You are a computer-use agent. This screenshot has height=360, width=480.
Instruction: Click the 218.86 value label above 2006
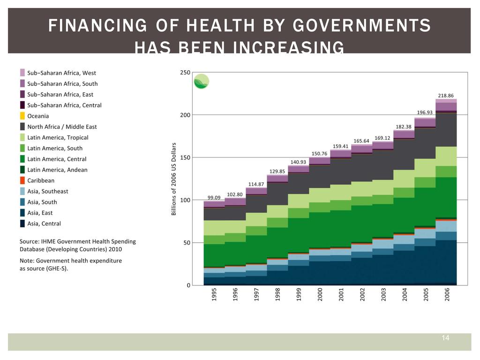[x=446, y=95]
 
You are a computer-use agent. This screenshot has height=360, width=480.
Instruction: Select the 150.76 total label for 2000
[x=320, y=153]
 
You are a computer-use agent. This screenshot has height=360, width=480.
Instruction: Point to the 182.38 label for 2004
[x=404, y=127]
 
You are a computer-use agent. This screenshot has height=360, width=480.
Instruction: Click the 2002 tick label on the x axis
[x=362, y=294]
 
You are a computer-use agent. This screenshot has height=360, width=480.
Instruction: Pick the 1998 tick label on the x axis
[x=277, y=294]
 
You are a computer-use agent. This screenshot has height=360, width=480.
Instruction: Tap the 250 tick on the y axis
[x=185, y=72]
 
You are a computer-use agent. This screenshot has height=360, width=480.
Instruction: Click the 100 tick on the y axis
[x=185, y=200]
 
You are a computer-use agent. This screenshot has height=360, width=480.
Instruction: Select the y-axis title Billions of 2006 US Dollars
[x=174, y=179]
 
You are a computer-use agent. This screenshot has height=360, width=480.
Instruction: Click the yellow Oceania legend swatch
[x=22, y=116]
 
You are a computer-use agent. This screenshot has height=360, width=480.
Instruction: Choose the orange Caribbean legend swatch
[x=22, y=180]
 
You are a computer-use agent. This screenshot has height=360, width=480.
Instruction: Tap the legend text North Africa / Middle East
[x=62, y=127]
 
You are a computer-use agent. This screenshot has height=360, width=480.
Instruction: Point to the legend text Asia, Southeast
[x=48, y=191]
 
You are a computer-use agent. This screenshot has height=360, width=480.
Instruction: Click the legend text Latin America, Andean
[x=57, y=170]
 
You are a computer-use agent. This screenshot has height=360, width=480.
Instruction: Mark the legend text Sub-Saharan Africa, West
[x=61, y=73]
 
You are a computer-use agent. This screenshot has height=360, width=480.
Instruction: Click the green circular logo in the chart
[x=202, y=82]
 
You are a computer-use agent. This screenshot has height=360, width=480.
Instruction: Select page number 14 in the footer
[x=445, y=338]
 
